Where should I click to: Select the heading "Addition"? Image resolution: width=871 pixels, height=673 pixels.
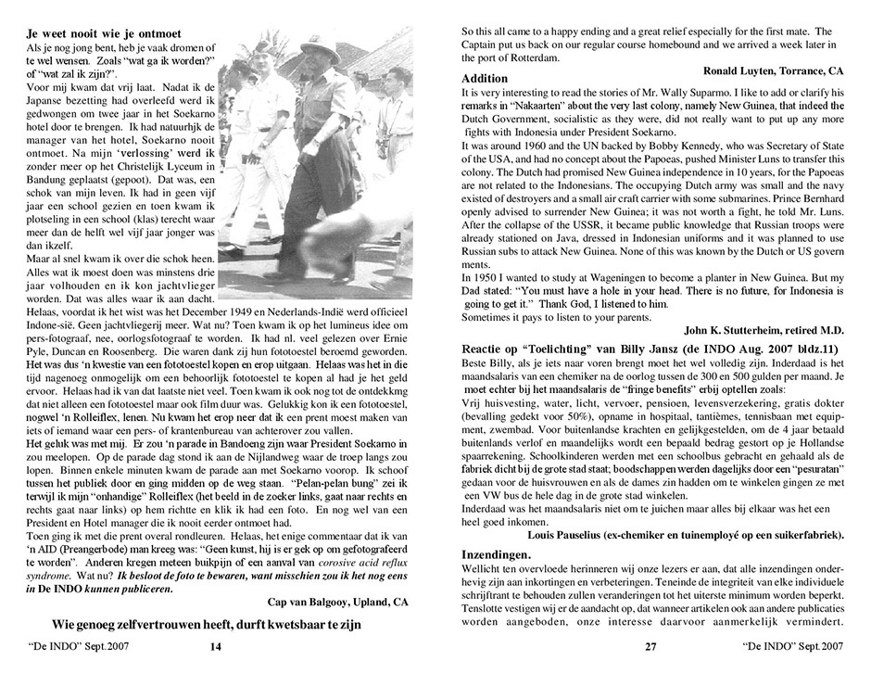(486, 80)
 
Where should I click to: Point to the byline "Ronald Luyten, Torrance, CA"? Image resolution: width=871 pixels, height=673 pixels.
(773, 70)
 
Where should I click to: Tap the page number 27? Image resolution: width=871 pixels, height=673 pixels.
(650, 646)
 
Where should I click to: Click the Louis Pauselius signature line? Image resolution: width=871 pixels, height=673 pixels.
(686, 535)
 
